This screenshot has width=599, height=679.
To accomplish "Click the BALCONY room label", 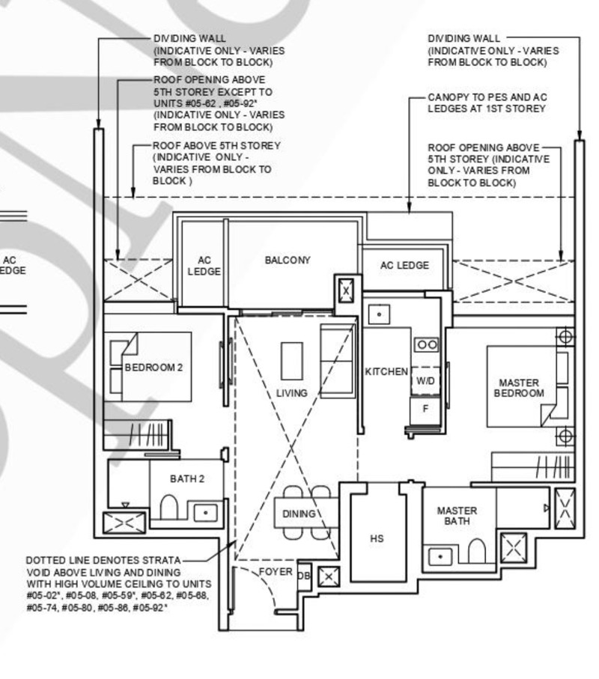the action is click(288, 261).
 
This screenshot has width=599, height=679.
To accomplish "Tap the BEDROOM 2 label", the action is click(153, 368).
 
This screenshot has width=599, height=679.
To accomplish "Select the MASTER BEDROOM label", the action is click(519, 388).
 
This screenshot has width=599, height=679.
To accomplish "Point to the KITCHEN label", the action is click(386, 371).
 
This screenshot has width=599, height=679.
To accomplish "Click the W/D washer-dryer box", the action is click(425, 381).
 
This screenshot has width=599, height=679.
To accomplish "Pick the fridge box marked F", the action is click(425, 409).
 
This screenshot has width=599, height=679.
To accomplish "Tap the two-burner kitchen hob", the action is click(427, 344).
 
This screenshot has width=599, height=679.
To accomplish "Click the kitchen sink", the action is click(379, 314).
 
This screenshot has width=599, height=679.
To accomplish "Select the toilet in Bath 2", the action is click(169, 507).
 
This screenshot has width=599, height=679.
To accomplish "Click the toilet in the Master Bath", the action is click(476, 550).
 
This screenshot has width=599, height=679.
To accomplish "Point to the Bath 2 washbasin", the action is click(205, 512).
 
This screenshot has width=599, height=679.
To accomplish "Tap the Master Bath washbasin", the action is click(440, 556).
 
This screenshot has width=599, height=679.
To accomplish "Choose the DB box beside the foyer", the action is click(305, 576).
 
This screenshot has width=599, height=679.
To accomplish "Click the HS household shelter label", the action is click(377, 539).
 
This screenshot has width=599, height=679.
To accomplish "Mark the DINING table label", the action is click(299, 514).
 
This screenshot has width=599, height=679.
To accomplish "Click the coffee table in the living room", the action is click(292, 361).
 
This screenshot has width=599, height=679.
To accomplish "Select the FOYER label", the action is click(276, 572).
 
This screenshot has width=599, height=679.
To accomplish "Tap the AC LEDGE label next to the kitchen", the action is click(404, 266).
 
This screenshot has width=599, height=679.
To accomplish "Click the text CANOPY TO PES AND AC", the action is click(487, 97).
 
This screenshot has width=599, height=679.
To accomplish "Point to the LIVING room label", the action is click(292, 393).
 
